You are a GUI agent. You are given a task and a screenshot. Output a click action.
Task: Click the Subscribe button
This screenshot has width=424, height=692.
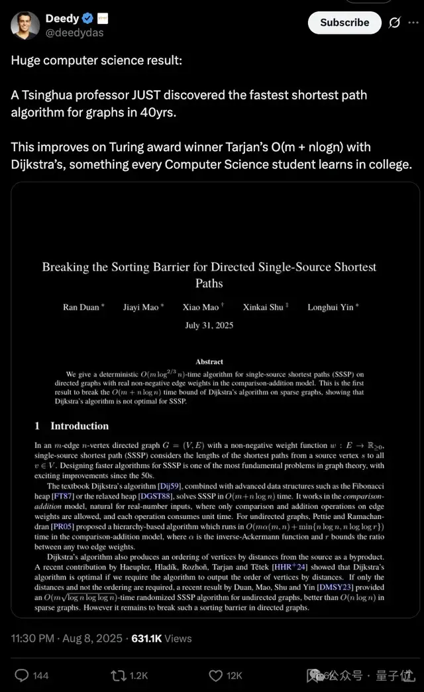[x=344, y=23]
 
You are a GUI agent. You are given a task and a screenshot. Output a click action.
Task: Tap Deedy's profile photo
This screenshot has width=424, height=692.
[x=25, y=25]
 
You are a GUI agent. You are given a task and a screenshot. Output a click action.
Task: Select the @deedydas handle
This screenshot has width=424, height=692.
[x=74, y=32]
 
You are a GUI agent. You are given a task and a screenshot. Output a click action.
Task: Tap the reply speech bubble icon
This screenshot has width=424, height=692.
[x=22, y=675]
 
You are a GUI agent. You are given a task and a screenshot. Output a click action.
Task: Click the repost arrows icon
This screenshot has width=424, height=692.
[x=119, y=675]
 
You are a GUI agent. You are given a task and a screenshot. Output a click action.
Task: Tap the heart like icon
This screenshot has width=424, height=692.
[x=215, y=675]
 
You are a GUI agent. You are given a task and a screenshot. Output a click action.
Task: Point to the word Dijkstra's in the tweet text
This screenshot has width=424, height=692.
[x=42, y=164]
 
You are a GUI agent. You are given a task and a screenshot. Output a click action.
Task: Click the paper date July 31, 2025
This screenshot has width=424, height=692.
[x=209, y=325]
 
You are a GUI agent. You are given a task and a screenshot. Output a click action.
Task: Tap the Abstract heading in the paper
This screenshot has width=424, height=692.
[x=209, y=362]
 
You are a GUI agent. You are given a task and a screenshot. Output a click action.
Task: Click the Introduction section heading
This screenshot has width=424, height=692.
[x=79, y=426]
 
